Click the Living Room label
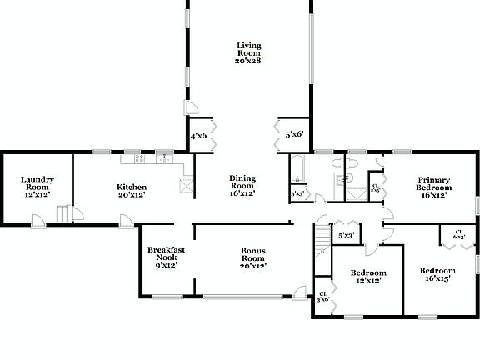point(248,49)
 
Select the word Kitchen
point(132,187)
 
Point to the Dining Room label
point(242,181)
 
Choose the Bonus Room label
point(253,251)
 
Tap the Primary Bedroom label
point(434,183)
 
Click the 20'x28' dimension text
point(248,62)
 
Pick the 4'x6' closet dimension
point(199,135)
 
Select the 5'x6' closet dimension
point(294,134)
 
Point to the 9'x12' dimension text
point(165,266)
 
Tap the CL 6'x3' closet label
point(459,235)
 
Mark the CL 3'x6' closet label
point(323,296)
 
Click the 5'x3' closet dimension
point(347,236)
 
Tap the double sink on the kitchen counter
point(164,157)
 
